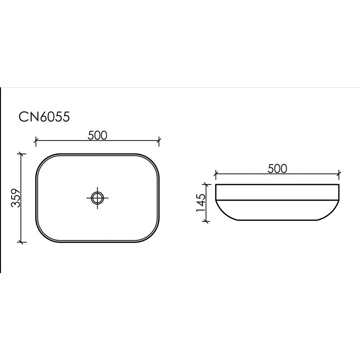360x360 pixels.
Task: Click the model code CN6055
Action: click(x=44, y=117)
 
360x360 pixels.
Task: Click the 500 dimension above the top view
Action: click(x=97, y=135)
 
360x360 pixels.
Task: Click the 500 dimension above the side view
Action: click(x=277, y=168)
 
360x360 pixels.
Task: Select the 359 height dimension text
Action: click(x=16, y=198)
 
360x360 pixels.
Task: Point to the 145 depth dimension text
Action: click(x=201, y=202)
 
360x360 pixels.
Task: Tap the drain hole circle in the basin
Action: click(x=97, y=197)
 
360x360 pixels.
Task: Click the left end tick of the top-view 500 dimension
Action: click(x=36, y=141)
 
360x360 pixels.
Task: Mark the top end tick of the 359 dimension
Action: click(x=21, y=154)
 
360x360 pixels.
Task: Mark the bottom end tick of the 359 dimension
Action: click(x=21, y=242)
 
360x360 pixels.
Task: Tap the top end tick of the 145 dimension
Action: click(x=207, y=184)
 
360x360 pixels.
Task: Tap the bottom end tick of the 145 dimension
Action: click(x=207, y=220)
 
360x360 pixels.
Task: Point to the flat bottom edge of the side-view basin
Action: click(x=277, y=220)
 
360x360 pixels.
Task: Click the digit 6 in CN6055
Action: click(x=44, y=117)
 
